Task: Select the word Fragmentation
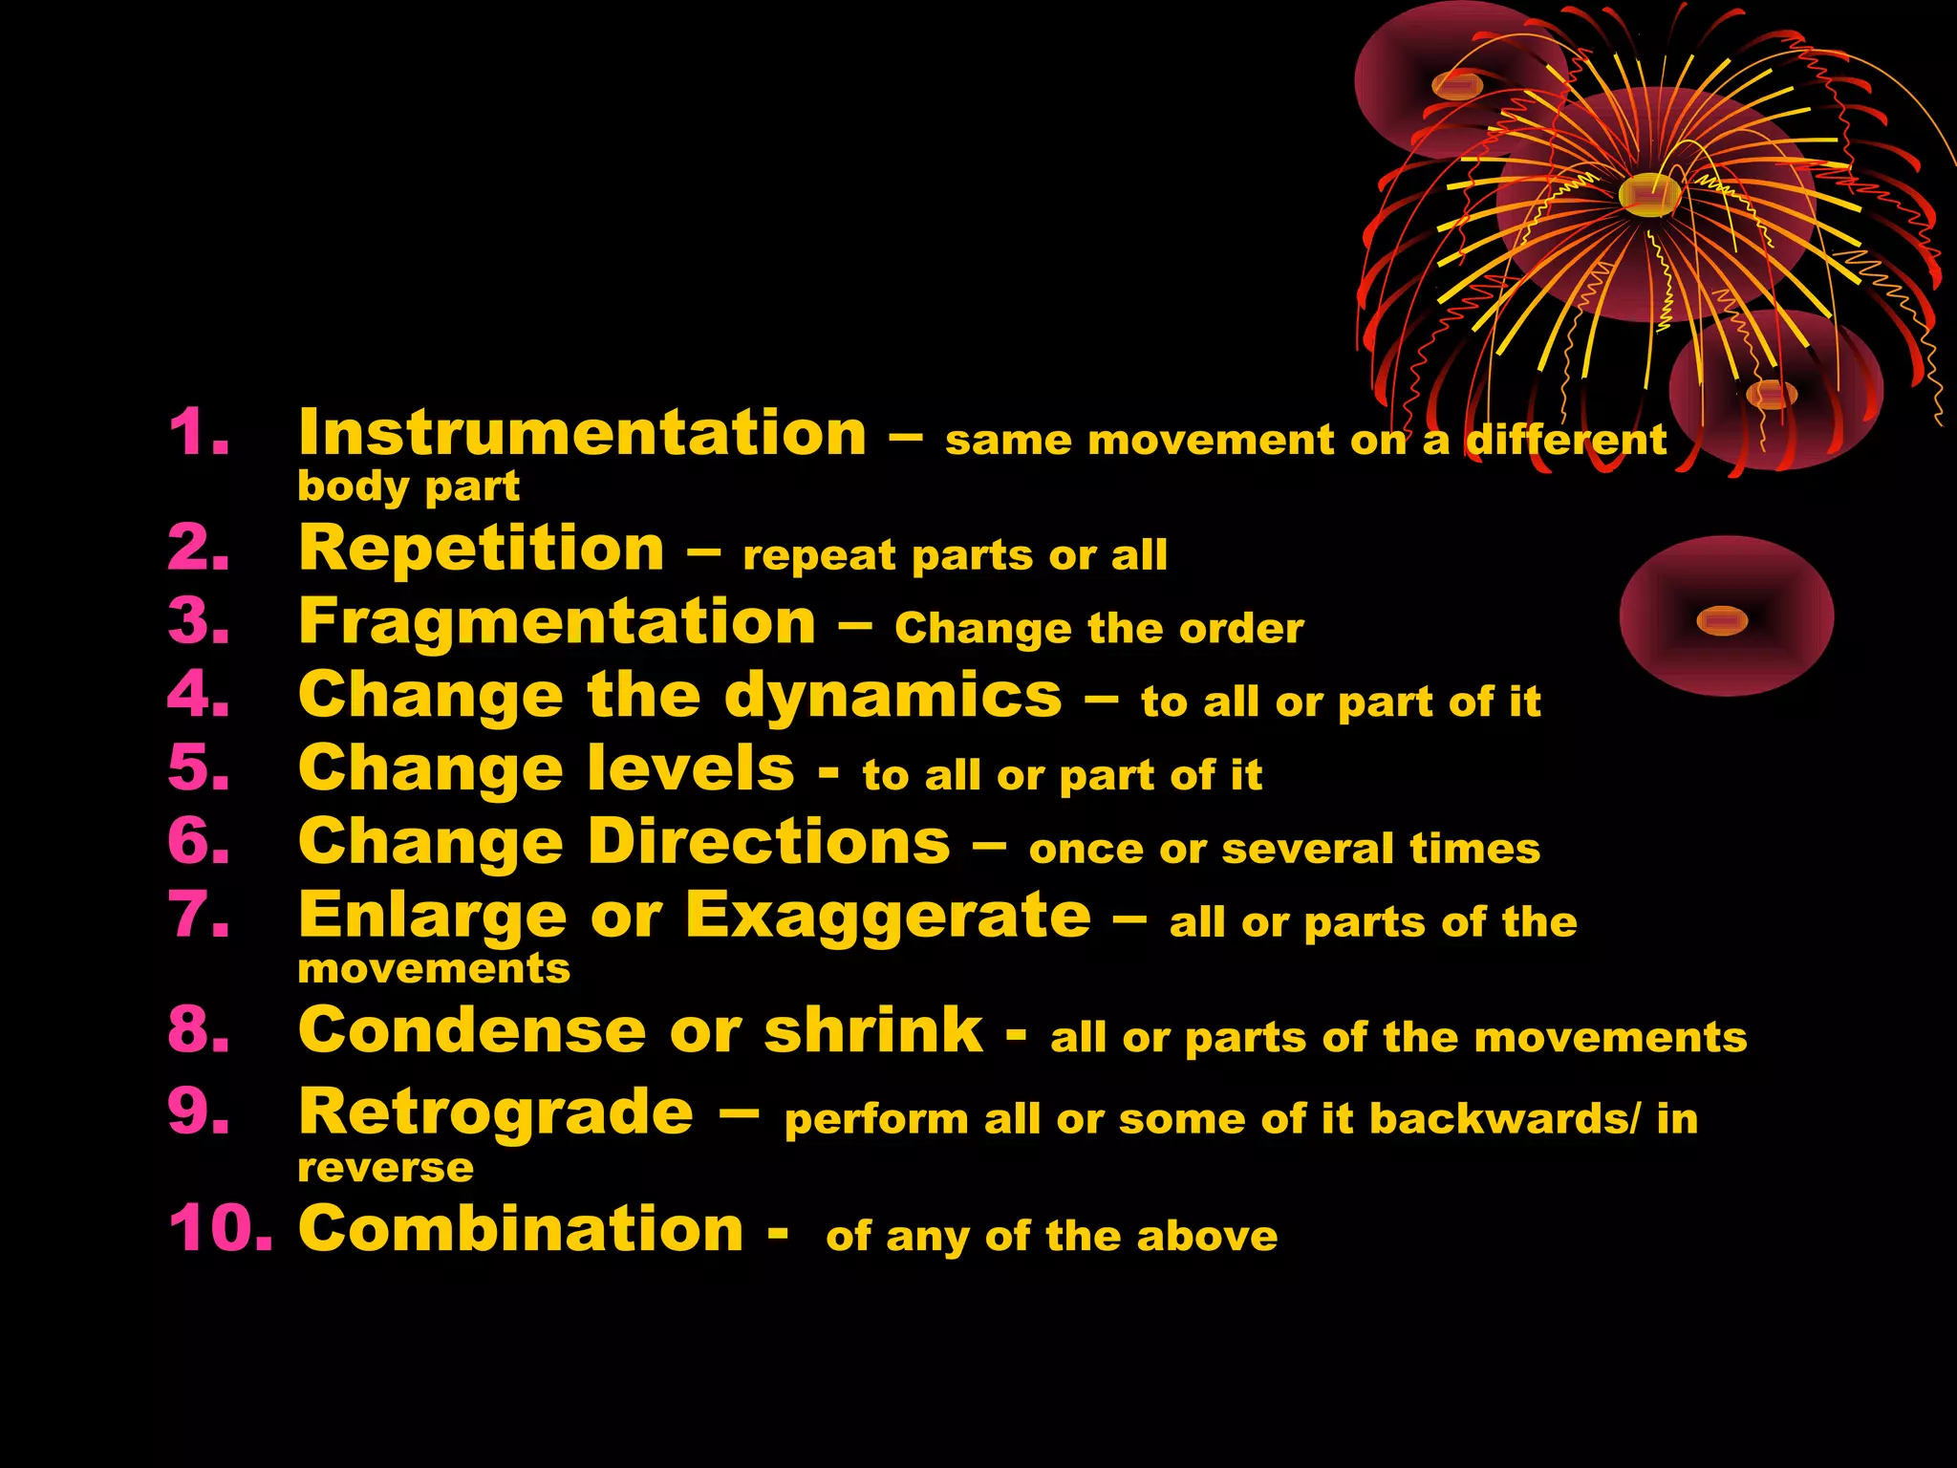557,622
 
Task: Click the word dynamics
892,696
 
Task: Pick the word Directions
768,842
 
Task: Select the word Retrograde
496,1112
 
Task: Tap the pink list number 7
199,915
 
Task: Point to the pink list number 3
199,621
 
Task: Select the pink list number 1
199,432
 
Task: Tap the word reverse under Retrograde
385,1168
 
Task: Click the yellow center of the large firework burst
1649,195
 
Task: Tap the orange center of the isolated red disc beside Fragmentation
1722,621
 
